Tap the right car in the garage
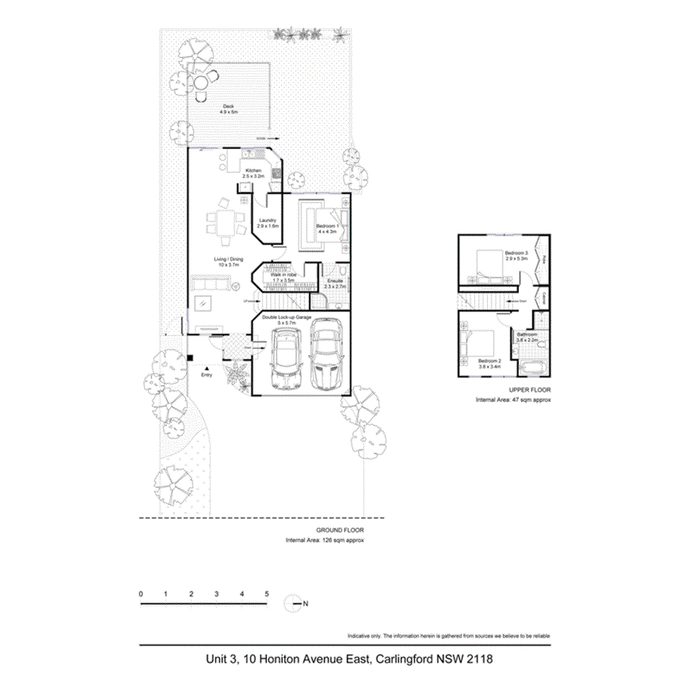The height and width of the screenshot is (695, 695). tap(326, 355)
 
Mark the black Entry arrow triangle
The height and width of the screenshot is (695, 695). tap(207, 367)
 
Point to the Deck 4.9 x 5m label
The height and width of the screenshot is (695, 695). tap(228, 109)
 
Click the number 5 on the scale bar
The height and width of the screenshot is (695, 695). tap(266, 594)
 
